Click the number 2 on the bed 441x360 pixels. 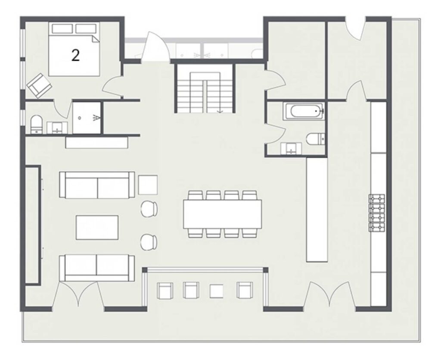[x=75, y=55]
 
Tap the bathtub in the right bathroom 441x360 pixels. [x=304, y=111]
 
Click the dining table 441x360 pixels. [x=222, y=214]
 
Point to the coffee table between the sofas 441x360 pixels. [x=97, y=228]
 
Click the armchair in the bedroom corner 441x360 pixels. [x=39, y=86]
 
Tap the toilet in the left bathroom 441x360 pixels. [x=36, y=124]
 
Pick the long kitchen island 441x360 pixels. [x=317, y=210]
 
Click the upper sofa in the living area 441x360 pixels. [x=97, y=185]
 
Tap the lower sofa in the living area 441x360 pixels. [x=97, y=268]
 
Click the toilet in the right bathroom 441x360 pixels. [x=316, y=138]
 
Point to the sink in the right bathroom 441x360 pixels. [x=291, y=149]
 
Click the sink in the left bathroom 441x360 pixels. [x=57, y=128]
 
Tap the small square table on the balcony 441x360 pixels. [x=216, y=291]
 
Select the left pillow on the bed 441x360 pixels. [x=62, y=28]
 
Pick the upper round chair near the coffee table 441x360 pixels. [x=149, y=209]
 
